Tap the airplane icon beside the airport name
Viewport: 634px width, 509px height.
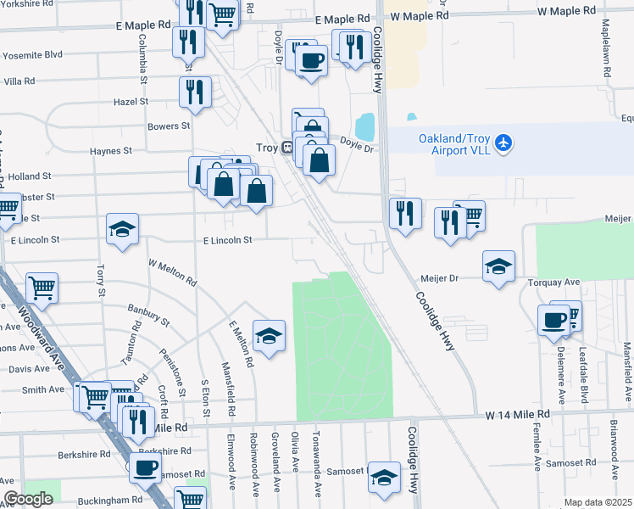(503, 143)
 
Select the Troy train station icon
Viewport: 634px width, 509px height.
(287, 148)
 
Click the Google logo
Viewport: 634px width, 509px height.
(28, 499)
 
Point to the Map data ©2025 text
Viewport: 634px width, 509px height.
(598, 502)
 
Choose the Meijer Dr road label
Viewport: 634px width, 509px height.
(440, 277)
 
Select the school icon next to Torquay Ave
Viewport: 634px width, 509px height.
(498, 265)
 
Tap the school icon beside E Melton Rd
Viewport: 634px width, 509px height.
(269, 336)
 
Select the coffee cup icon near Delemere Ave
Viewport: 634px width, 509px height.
(553, 320)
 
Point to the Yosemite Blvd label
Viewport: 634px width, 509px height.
(34, 54)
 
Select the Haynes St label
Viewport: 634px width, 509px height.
(111, 151)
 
